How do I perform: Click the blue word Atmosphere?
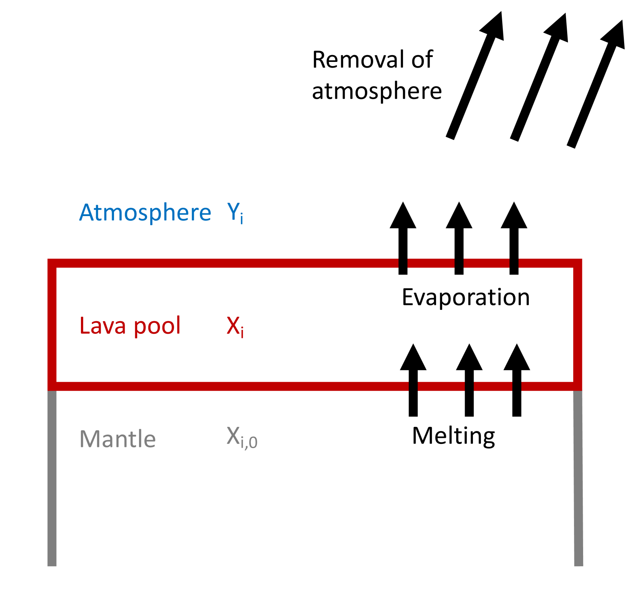tap(145, 212)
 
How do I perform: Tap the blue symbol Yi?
tap(235, 213)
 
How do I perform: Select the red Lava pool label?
tap(130, 326)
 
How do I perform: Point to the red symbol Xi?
tap(235, 326)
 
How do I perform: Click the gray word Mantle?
tap(117, 439)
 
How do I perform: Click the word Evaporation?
tap(465, 297)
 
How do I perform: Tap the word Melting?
tap(453, 436)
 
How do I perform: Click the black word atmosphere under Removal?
tap(376, 91)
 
